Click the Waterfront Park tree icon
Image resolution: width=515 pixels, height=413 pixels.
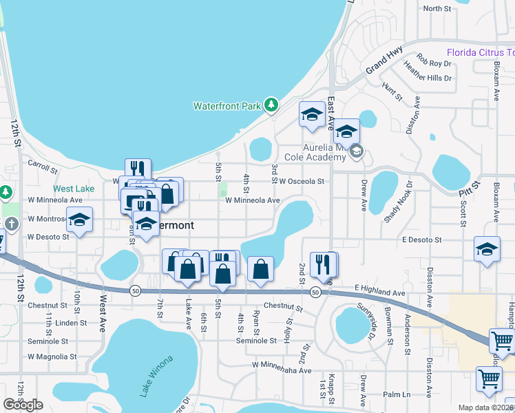click(x=271, y=105)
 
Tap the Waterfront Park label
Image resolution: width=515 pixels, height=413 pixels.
click(x=227, y=106)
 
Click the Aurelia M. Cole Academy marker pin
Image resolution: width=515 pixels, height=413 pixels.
click(x=356, y=151)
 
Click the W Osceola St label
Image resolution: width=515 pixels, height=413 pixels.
click(x=302, y=182)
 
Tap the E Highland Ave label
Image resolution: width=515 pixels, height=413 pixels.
click(x=380, y=293)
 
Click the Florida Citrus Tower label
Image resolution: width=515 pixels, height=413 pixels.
click(x=481, y=52)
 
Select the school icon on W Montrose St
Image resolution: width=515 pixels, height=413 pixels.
click(x=80, y=220)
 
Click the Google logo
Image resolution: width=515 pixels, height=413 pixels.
click(x=23, y=405)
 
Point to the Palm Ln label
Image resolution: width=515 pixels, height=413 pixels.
click(x=397, y=394)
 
